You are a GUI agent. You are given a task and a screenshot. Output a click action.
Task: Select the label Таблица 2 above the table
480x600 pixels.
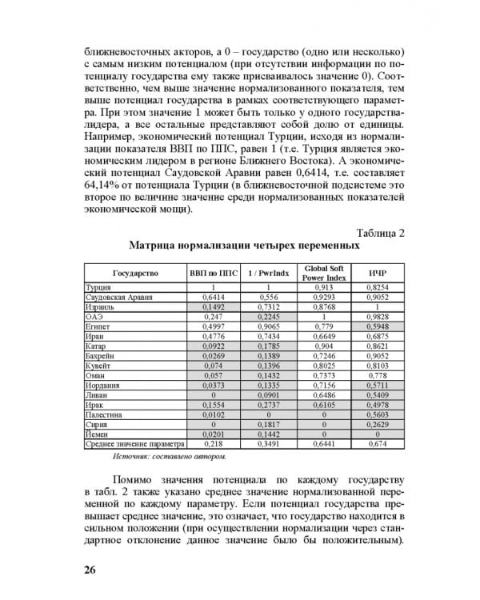click(377, 233)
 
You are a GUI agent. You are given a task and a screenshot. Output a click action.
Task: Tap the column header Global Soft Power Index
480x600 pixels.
click(322, 273)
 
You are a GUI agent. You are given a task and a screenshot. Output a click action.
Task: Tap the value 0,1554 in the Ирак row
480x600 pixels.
click(214, 406)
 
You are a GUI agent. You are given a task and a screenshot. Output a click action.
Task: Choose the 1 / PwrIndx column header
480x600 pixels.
click(268, 273)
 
